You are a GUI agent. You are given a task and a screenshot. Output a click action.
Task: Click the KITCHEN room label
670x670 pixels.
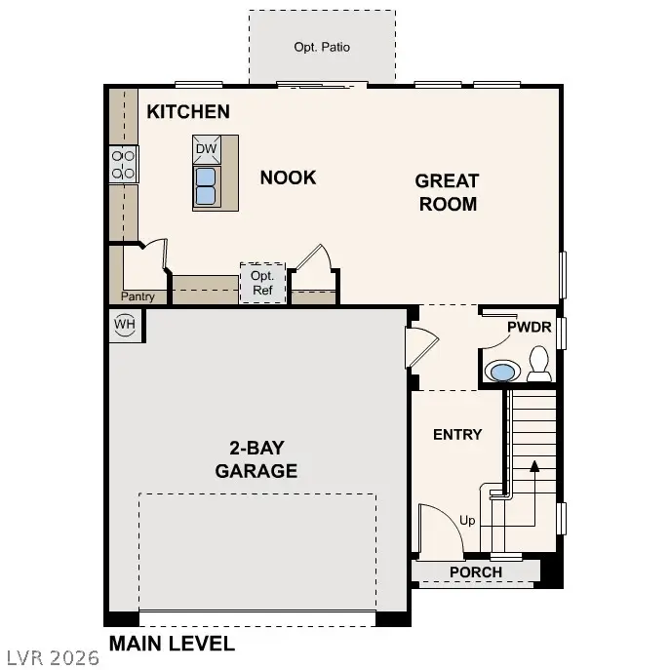[188, 112]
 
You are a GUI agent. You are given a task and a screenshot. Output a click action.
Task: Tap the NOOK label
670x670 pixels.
[288, 177]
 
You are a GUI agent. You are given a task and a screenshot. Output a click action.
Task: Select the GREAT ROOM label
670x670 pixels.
[447, 192]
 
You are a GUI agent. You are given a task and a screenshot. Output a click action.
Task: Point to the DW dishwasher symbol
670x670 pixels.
[206, 149]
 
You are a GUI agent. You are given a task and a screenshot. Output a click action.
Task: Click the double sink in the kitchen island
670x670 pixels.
[206, 185]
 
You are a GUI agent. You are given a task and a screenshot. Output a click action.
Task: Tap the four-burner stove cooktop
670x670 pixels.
[124, 164]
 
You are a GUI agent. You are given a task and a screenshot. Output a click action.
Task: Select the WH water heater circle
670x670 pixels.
[124, 325]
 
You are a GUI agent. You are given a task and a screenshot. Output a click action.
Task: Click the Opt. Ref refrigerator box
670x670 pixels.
[262, 283]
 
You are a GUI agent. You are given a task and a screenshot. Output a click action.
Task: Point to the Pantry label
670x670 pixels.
[138, 296]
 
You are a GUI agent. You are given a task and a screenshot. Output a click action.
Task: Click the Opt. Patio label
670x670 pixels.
[322, 47]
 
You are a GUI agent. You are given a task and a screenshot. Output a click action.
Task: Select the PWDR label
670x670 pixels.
[530, 328]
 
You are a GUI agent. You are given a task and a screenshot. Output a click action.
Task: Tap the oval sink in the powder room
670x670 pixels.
[503, 372]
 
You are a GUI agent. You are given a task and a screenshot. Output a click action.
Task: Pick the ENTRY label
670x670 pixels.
[457, 434]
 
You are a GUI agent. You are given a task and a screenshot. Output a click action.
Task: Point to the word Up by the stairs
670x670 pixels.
[467, 521]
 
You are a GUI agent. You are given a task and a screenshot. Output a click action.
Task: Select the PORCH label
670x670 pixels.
[476, 572]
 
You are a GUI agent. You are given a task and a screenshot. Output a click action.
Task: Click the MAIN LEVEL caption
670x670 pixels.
[172, 644]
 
